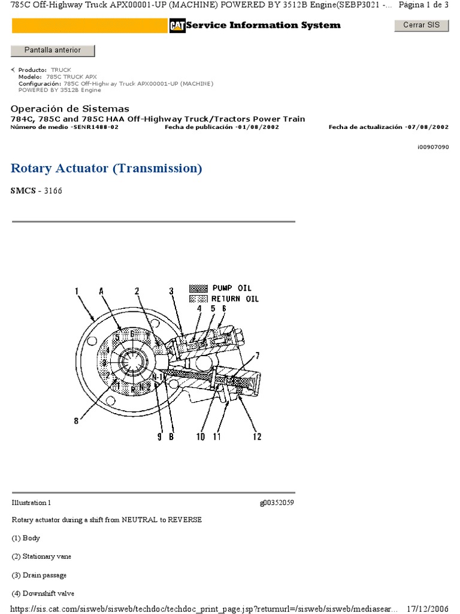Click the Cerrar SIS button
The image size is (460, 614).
pos(421,25)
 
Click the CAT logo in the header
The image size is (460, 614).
pos(177,25)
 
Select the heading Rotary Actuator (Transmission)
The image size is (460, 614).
pos(107,168)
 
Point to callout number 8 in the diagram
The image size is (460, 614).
pos(76,421)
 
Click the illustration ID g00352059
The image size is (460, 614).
pos(277,502)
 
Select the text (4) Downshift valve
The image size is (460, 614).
pos(41,594)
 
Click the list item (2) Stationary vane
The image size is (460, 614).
pos(41,556)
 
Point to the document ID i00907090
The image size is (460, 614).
pos(433,147)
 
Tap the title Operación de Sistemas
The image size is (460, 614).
pos(69,109)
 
